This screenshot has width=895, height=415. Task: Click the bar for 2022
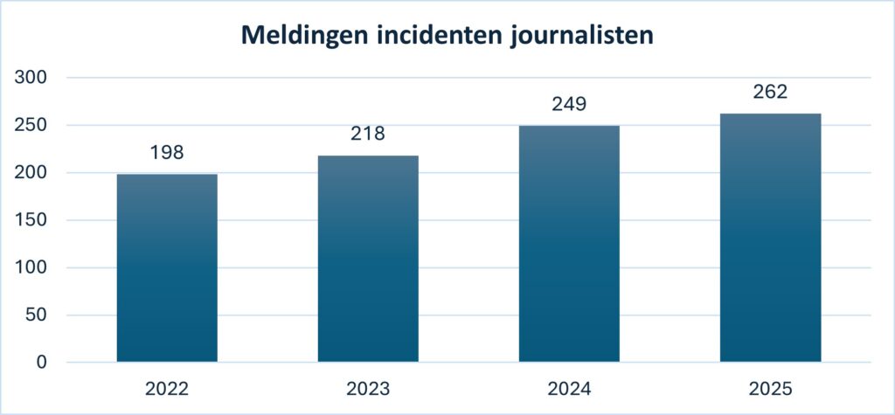(167, 267)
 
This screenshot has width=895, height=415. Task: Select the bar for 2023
(368, 259)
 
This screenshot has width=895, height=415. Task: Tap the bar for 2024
(569, 244)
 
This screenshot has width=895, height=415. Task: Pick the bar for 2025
(770, 238)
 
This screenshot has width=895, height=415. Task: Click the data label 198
(167, 153)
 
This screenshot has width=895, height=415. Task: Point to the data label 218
(368, 135)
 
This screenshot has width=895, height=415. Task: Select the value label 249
(569, 105)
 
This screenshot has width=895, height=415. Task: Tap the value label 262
(770, 93)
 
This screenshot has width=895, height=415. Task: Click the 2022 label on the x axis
(167, 388)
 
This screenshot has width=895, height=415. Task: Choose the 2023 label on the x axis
(368, 388)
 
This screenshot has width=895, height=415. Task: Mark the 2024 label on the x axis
(569, 388)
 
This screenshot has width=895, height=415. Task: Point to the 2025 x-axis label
(770, 388)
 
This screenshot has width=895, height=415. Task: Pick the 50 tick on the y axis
(37, 315)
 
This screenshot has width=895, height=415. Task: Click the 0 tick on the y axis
(42, 363)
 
